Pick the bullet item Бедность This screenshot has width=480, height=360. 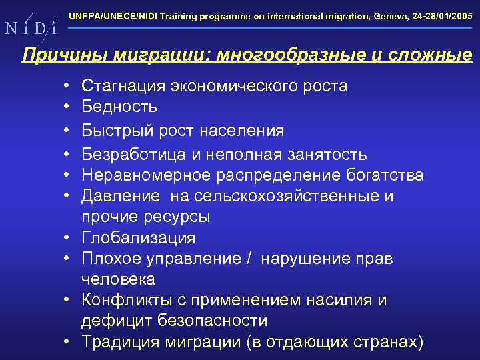click(x=119, y=107)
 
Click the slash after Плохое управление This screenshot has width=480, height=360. click(x=250, y=259)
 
